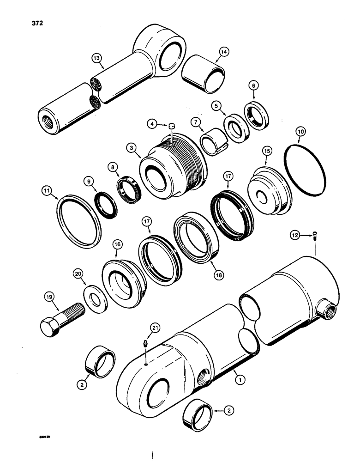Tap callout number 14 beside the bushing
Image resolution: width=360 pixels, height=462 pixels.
click(x=225, y=53)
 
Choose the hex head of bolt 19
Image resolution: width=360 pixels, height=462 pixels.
click(x=48, y=328)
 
